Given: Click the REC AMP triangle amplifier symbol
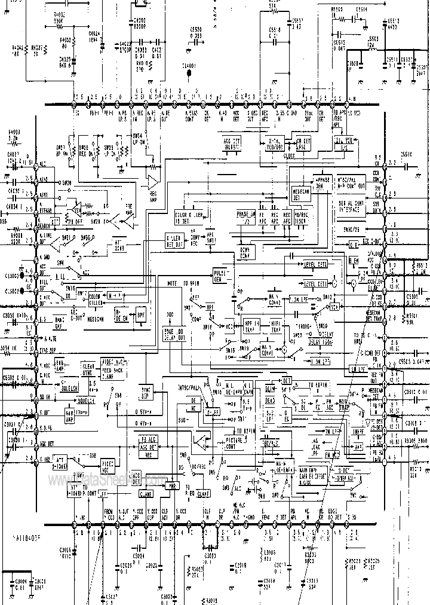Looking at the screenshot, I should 153,181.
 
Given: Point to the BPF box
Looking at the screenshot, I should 141,314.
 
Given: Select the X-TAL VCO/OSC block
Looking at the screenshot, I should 275,144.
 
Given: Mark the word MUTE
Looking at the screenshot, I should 172,283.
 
